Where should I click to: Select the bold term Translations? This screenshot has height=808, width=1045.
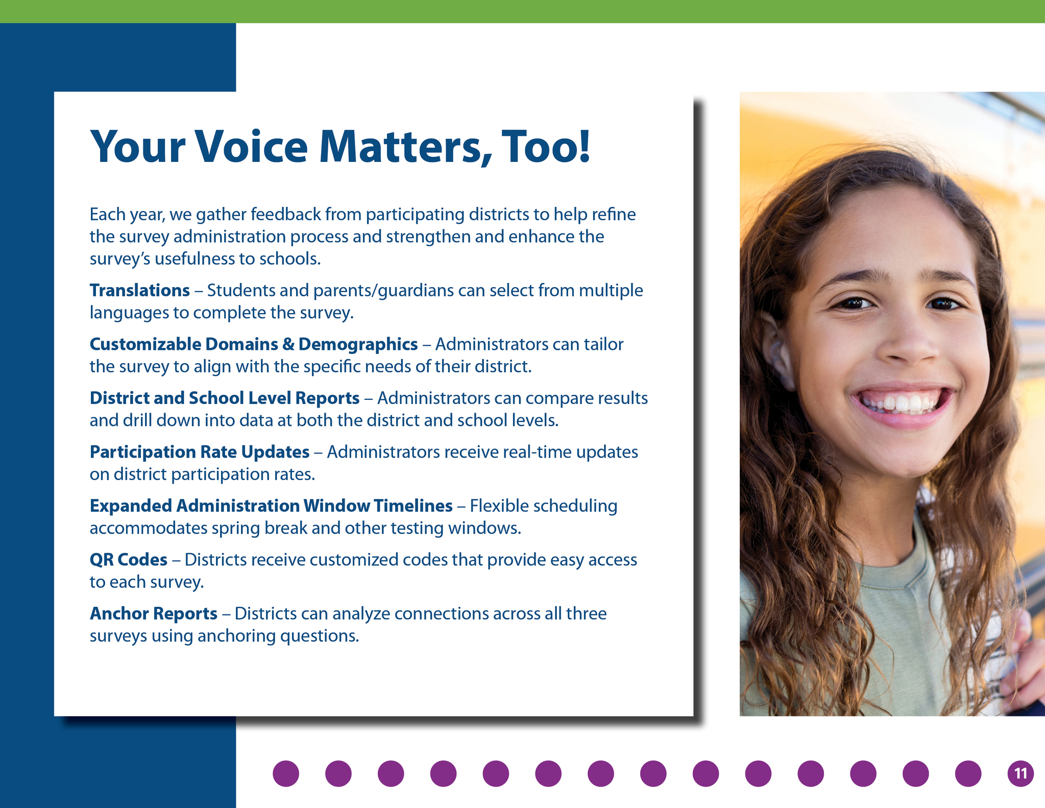coord(140,290)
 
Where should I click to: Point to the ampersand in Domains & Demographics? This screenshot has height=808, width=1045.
coord(288,344)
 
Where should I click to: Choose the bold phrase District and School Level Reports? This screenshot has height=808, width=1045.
coord(225,398)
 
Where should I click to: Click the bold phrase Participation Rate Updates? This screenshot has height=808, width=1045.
coord(200,452)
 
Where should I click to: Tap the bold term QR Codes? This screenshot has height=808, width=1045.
coord(129,560)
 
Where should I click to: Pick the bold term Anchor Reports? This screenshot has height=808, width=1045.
coord(154,613)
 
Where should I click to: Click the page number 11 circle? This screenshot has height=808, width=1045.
coord(1020,773)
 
